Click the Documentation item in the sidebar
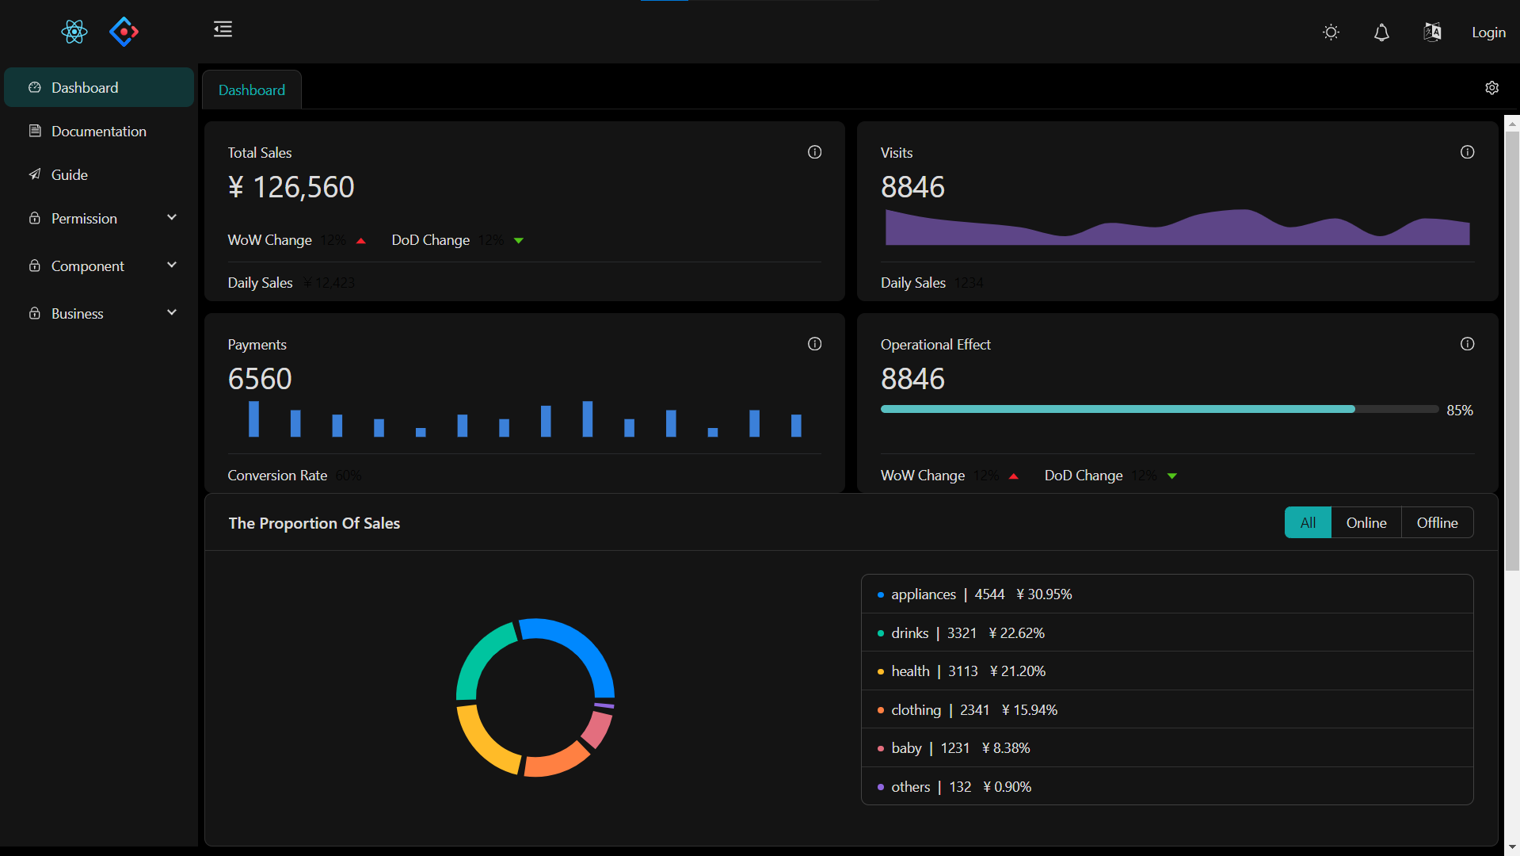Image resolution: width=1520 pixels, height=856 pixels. [x=98, y=132]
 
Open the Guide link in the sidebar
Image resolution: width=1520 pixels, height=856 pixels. [x=69, y=175]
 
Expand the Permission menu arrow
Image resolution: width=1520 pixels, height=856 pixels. [x=172, y=218]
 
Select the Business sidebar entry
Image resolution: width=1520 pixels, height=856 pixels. [x=77, y=314]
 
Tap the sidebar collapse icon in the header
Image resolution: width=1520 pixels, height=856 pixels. [x=223, y=30]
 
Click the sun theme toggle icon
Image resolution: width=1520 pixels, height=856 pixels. [x=1331, y=32]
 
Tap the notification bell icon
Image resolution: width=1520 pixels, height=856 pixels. [x=1381, y=32]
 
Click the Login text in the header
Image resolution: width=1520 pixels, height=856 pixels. [x=1488, y=32]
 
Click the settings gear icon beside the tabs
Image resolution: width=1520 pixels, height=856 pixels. [x=1491, y=88]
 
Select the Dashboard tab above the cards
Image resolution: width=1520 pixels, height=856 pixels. [x=252, y=90]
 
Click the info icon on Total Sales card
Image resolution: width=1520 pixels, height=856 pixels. [x=814, y=152]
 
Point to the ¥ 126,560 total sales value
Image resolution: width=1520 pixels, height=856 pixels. [x=291, y=188]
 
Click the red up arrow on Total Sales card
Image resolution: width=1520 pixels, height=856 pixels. [x=361, y=241]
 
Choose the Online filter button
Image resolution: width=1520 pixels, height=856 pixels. [x=1366, y=523]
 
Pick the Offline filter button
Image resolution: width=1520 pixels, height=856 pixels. [x=1437, y=523]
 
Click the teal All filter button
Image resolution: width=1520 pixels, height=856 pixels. [x=1308, y=523]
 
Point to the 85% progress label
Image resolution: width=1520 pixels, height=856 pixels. [x=1459, y=411]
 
